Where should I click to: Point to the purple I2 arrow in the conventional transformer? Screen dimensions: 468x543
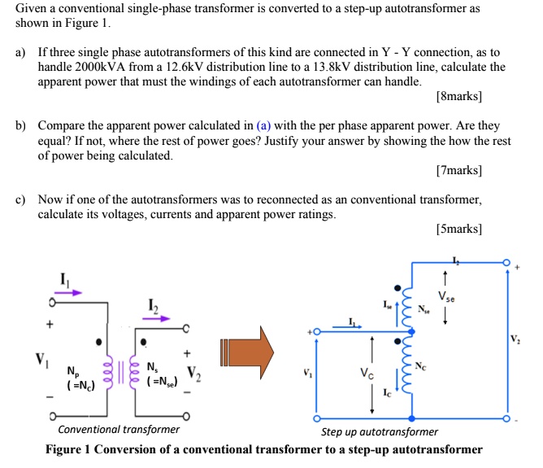(156, 318)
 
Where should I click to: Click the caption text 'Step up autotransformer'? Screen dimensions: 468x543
(380, 431)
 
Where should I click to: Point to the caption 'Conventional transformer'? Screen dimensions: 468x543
(119, 429)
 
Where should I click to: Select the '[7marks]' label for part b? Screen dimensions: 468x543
(458, 171)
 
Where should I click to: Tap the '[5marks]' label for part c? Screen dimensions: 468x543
(458, 230)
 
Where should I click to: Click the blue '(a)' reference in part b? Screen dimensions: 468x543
(264, 126)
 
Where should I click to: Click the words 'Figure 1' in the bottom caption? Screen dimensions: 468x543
(70, 449)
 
